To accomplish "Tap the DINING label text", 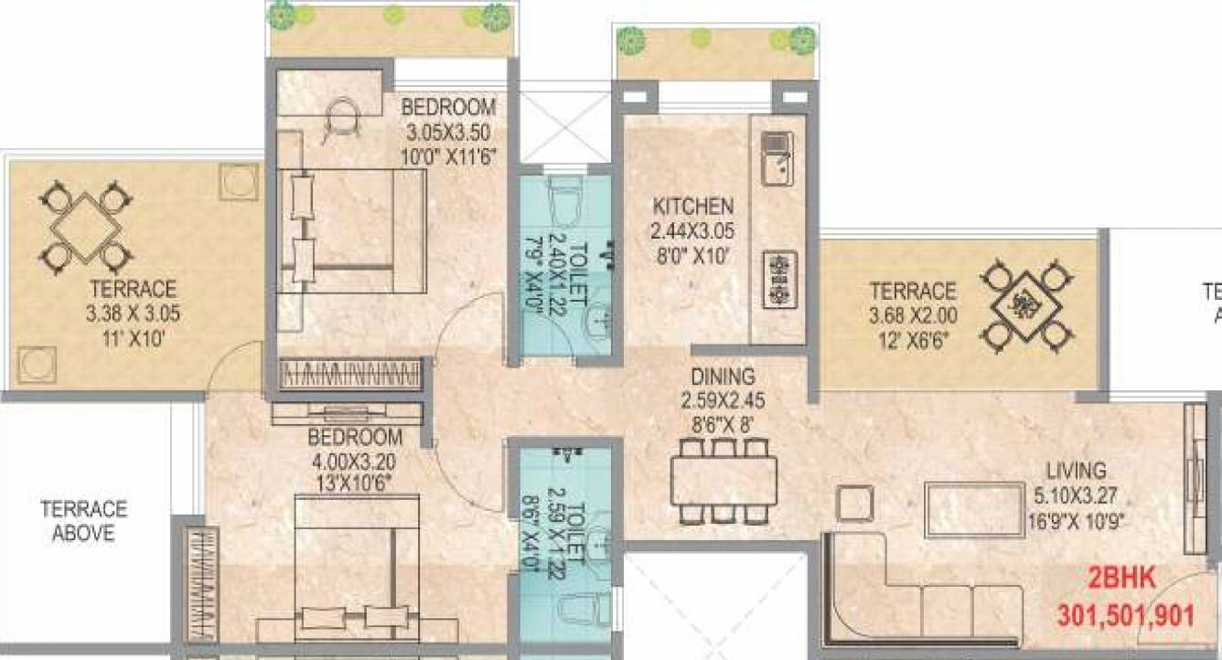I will (x=723, y=376).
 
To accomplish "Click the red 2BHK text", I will (x=1120, y=580).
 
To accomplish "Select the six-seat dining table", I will (x=723, y=480).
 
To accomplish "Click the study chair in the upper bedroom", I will (x=343, y=116).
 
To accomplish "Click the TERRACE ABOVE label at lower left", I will (x=83, y=521).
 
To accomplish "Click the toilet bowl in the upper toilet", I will (x=563, y=199).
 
